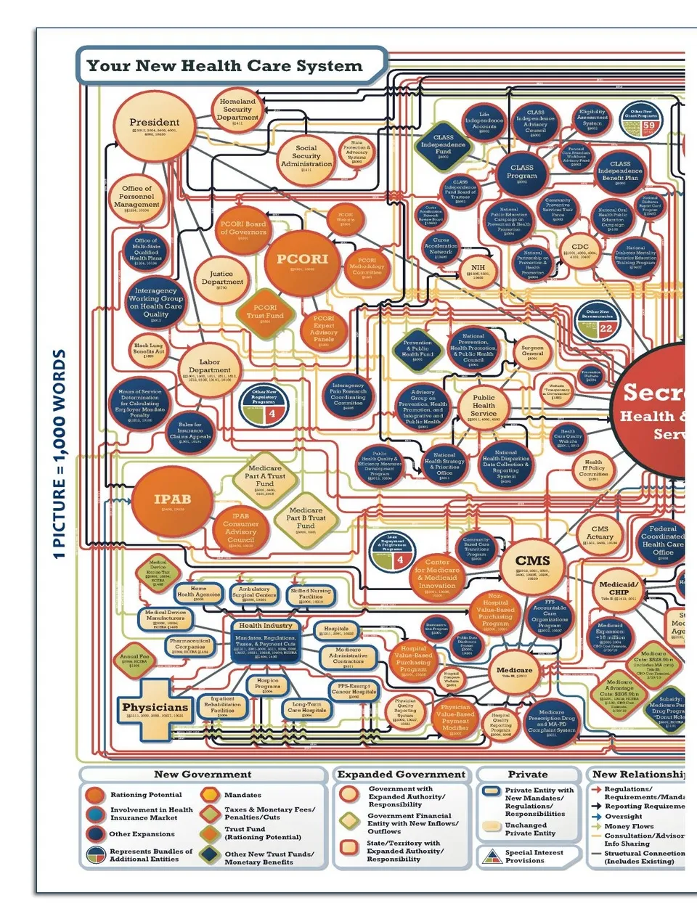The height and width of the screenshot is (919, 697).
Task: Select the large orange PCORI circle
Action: pos(302,261)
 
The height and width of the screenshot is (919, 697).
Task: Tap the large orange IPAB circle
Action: pos(172,501)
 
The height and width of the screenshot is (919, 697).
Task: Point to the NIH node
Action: pos(477,271)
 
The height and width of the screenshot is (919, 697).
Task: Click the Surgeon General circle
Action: pos(532,351)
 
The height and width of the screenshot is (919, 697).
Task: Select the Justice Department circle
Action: pos(222,279)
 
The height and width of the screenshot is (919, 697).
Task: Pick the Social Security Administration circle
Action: pos(306,158)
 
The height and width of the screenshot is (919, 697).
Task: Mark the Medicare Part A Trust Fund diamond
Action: pos(265,477)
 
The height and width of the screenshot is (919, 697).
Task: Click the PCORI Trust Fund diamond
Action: pos(265,313)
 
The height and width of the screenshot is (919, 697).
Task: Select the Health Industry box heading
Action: pos(266,625)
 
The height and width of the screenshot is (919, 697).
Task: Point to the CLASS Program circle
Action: pos(521,173)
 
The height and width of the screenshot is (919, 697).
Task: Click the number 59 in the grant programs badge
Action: pos(648,125)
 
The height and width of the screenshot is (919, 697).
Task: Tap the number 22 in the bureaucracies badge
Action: pos(606,328)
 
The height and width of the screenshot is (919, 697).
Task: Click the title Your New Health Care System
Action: pos(224,66)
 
